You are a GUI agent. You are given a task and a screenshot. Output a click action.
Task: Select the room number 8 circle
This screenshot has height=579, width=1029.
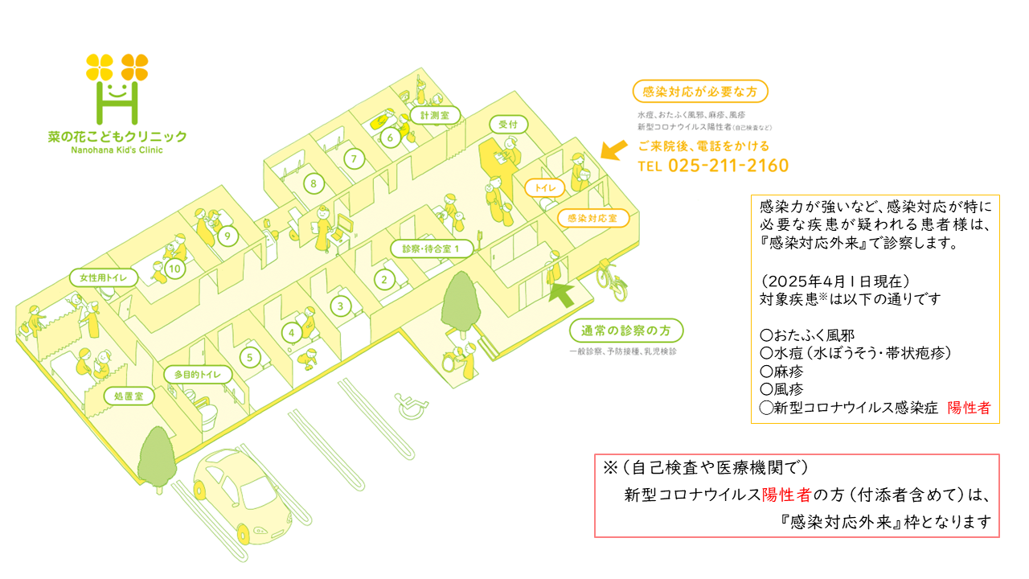tap(313, 184)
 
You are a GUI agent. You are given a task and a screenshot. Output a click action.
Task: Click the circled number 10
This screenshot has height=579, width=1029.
tap(175, 269)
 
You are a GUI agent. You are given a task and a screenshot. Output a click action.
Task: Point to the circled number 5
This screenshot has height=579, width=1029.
tap(250, 356)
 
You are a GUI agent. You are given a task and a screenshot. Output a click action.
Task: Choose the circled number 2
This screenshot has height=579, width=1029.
tap(385, 280)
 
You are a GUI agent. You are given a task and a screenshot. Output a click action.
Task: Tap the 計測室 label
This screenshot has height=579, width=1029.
tap(434, 116)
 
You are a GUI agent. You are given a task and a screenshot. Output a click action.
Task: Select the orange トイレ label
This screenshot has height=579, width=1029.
tap(545, 187)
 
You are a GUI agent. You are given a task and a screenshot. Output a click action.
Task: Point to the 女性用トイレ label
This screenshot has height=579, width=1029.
tap(104, 278)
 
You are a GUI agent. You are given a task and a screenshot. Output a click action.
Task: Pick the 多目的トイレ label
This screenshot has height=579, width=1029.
tap(197, 376)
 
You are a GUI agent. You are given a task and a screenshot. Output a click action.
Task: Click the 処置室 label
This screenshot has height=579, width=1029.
tap(128, 396)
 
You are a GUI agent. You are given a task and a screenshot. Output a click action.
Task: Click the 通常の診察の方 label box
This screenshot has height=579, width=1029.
tap(626, 331)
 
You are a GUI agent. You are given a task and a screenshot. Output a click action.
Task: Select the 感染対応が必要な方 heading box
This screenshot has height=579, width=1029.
tap(700, 91)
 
